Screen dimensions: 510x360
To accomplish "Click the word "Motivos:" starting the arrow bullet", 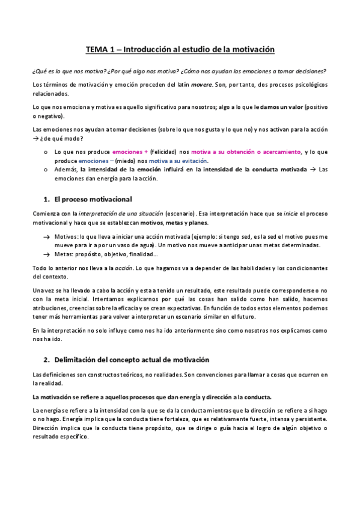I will pyautogui.click(x=67, y=237).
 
